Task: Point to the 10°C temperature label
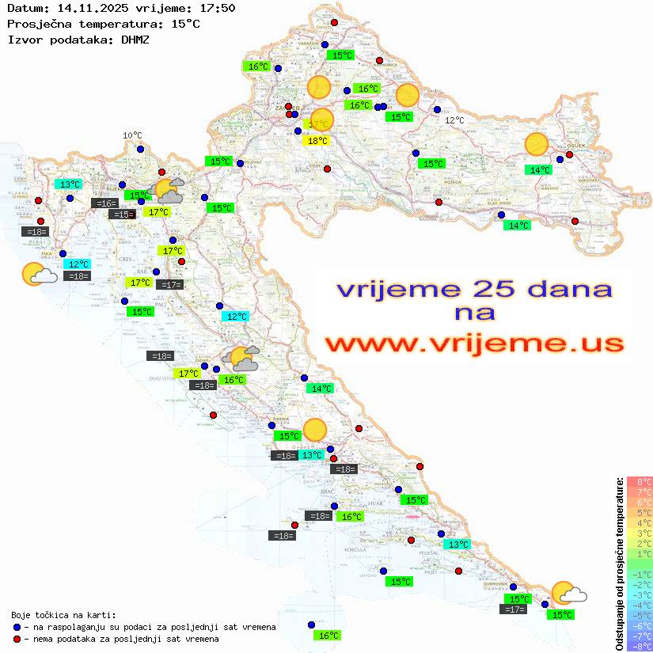click(x=132, y=135)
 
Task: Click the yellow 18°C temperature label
click(x=317, y=141)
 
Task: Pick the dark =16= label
click(x=104, y=203)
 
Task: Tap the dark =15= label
click(x=121, y=215)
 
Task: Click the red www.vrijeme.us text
click(x=473, y=344)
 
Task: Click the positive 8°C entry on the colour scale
click(x=640, y=481)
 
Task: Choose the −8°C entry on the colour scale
click(x=639, y=647)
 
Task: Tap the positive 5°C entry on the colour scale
click(x=640, y=512)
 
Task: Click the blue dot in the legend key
click(x=17, y=627)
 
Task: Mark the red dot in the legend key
click(x=17, y=639)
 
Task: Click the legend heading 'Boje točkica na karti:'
click(x=63, y=615)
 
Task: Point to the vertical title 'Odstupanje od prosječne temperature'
click(x=619, y=564)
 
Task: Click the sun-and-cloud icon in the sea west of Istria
click(x=38, y=274)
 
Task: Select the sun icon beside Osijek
click(x=537, y=145)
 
